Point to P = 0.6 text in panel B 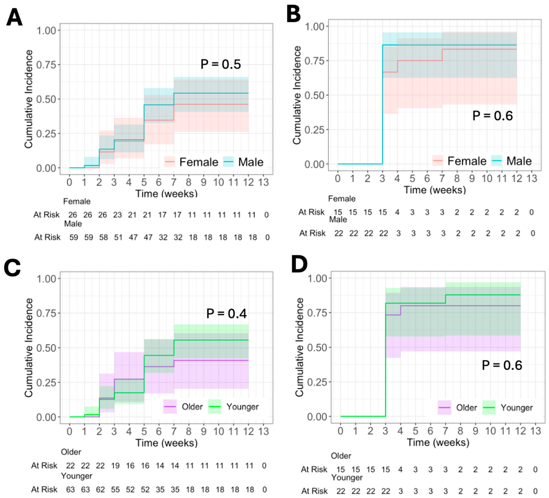492,116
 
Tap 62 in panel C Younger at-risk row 100,490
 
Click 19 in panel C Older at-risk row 115,466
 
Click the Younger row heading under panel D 347,478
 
